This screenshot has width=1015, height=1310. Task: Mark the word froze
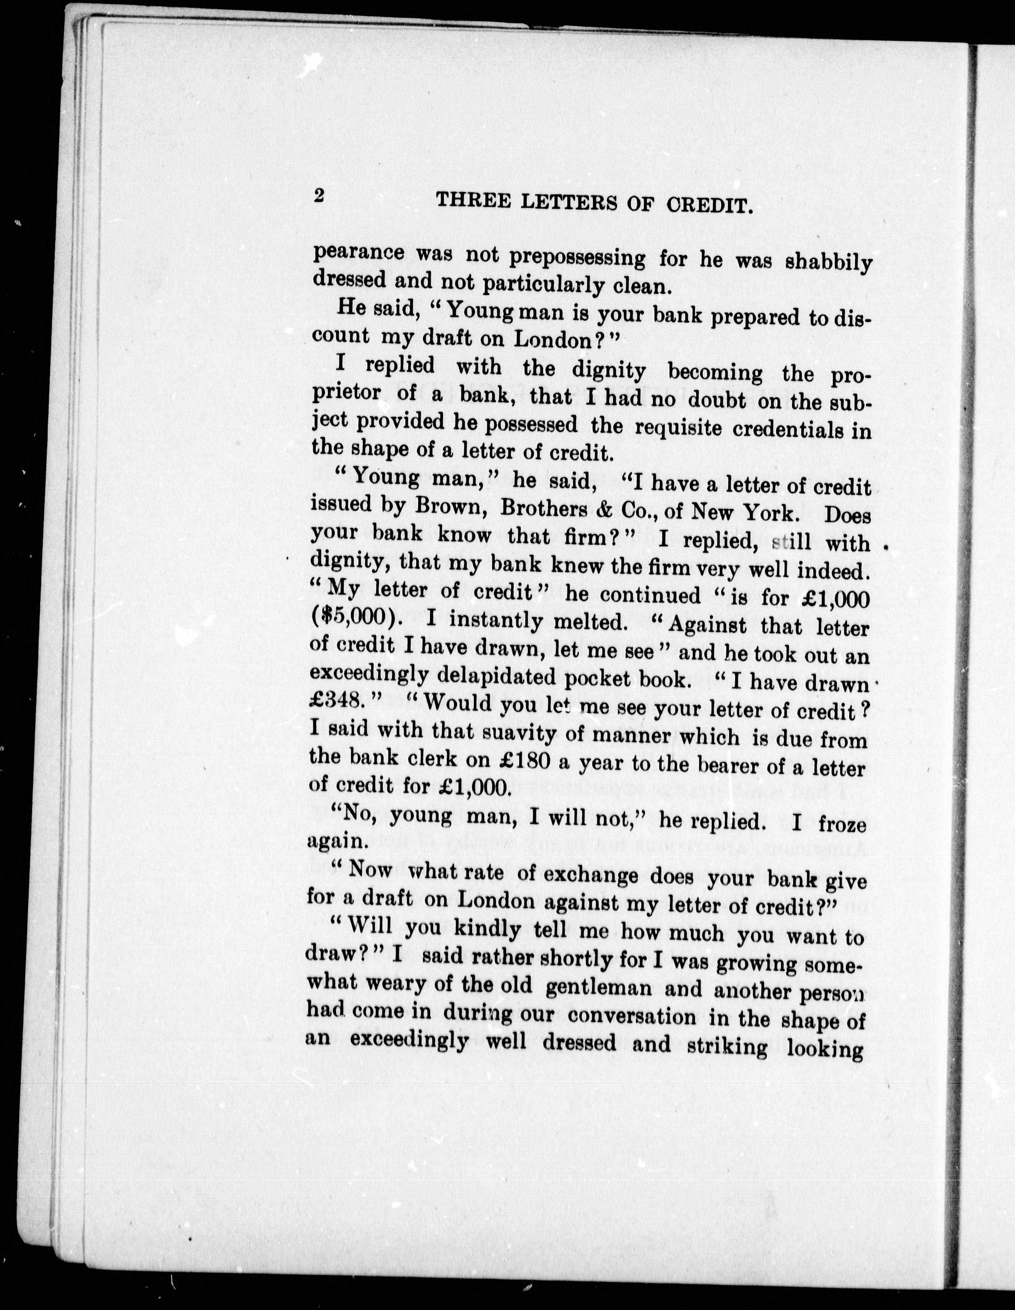pos(843,825)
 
